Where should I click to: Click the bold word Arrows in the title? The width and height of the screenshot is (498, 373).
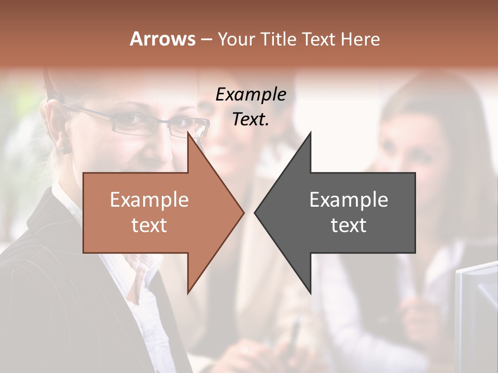[163, 39]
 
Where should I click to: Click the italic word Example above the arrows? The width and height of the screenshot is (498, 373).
[251, 95]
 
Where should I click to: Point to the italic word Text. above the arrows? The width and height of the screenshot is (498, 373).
[251, 120]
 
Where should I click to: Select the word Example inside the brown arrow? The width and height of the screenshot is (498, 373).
[149, 200]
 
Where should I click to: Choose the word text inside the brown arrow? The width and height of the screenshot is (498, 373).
[149, 225]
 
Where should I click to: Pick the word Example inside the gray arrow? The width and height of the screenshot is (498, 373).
[349, 200]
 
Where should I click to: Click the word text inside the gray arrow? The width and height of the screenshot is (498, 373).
[349, 225]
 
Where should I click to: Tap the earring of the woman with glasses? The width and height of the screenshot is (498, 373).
[64, 149]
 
